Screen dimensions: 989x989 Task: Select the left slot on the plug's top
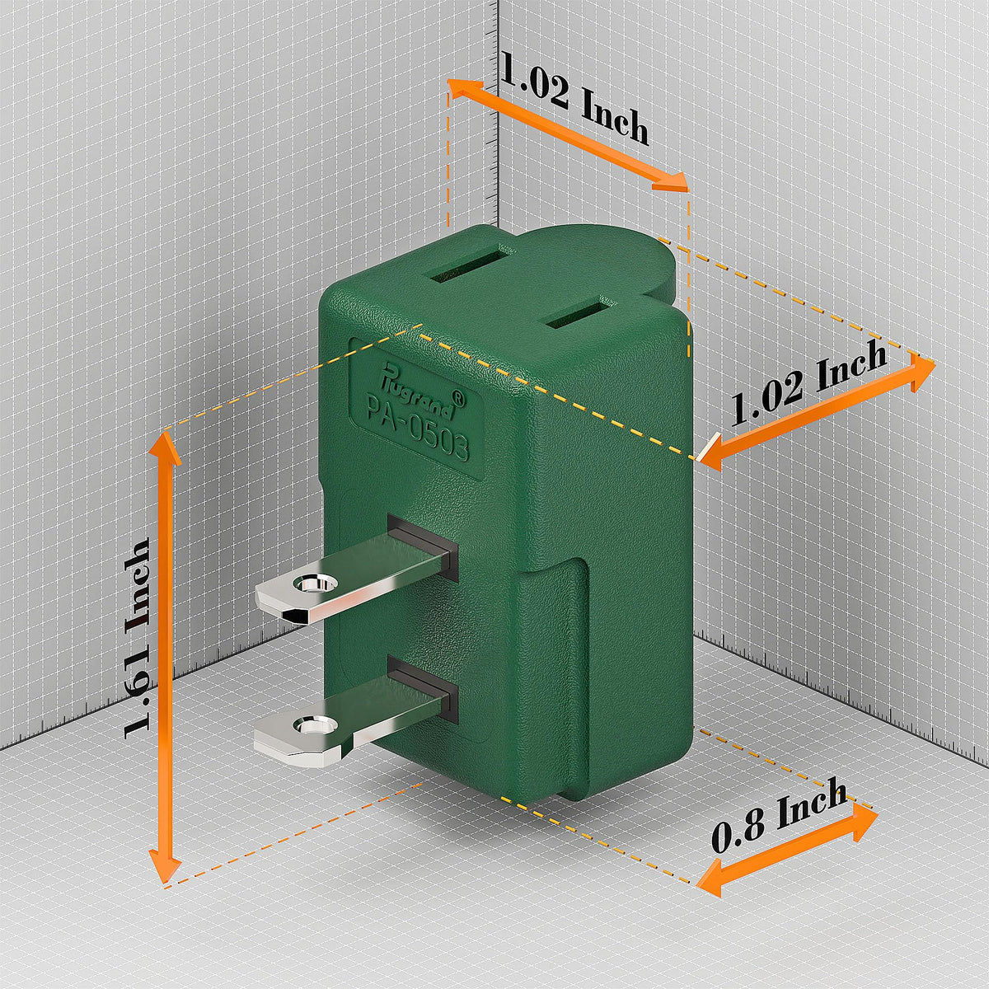tap(473, 266)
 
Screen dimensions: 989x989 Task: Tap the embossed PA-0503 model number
tap(417, 429)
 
